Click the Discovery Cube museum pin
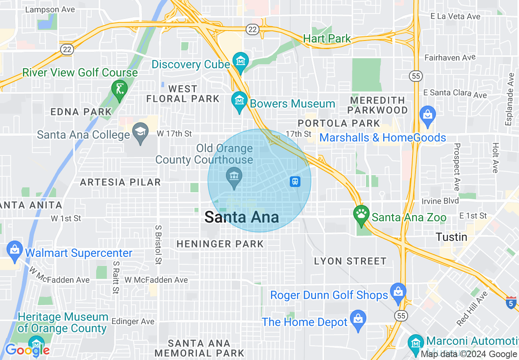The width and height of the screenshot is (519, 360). [x=240, y=61]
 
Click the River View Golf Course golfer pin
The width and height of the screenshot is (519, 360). [x=119, y=88]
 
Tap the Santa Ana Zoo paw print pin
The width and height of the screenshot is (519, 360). [x=361, y=214]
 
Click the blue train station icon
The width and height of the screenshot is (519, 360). [x=295, y=182]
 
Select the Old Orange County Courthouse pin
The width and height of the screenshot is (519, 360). [x=234, y=177]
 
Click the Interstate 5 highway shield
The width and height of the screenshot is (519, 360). [x=511, y=303]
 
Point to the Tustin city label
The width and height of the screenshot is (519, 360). [x=451, y=237]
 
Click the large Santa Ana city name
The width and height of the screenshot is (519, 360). [x=241, y=217]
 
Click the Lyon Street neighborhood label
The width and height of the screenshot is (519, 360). [x=350, y=261]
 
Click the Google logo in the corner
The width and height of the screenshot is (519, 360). [x=27, y=350]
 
